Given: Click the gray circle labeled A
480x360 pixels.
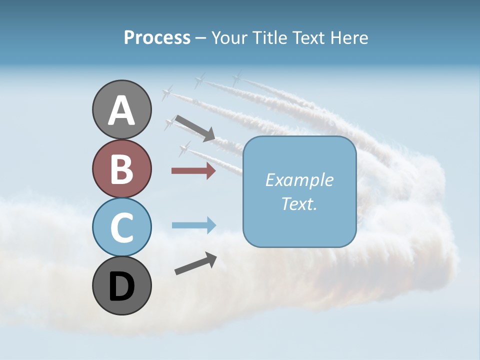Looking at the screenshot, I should click(x=121, y=109).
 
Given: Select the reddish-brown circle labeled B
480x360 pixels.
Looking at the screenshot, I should click(x=121, y=168).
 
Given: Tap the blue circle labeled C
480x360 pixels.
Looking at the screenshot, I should click(x=121, y=227).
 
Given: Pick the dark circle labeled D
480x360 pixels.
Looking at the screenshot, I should click(x=121, y=285).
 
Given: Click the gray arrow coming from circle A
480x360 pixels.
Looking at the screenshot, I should click(x=194, y=127).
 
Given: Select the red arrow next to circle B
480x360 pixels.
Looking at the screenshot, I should click(x=193, y=171).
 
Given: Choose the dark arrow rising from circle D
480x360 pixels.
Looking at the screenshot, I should click(x=195, y=263).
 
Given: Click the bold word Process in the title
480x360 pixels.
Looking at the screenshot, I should click(x=157, y=37).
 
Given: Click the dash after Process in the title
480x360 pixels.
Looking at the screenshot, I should click(x=200, y=38).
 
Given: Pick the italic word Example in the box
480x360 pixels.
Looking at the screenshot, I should click(x=299, y=180).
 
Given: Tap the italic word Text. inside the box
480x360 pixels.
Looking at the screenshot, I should click(x=299, y=203).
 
